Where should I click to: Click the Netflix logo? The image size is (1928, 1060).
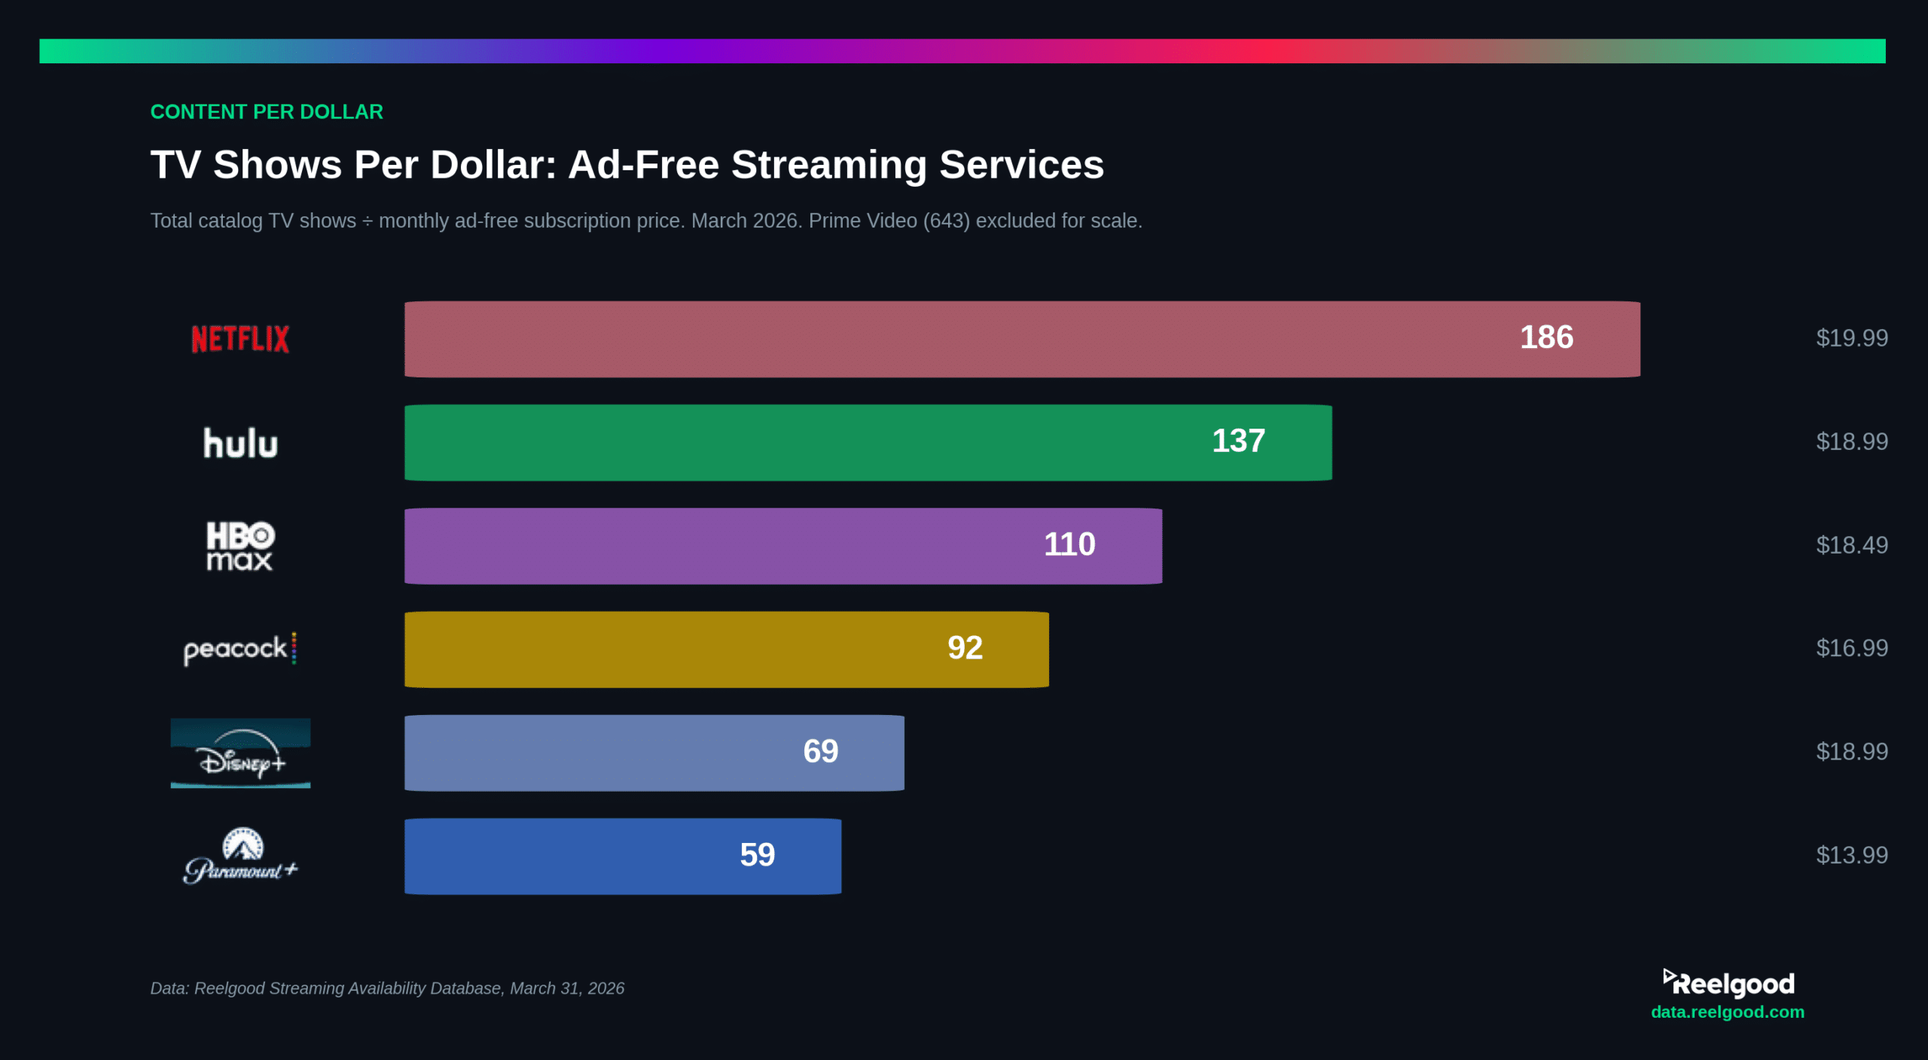(240, 339)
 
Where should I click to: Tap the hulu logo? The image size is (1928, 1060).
(240, 443)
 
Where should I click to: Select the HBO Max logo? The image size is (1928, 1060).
(240, 545)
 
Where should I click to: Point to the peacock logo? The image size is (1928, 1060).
(239, 649)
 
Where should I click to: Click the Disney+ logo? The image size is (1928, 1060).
(240, 753)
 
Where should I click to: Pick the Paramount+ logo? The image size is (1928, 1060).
(240, 857)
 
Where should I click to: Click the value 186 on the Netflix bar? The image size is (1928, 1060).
(1546, 338)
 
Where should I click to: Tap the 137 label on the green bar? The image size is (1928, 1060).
(1238, 441)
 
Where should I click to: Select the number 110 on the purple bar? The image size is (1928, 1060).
(1069, 545)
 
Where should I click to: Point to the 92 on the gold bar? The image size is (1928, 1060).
(965, 648)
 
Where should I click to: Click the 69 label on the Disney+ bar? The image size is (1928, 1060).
(820, 751)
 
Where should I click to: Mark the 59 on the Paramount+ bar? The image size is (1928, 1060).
(757, 855)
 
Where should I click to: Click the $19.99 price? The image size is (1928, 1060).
(1851, 338)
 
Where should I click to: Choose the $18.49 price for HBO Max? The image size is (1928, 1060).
(1851, 545)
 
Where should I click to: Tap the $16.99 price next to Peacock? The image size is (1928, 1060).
(1851, 649)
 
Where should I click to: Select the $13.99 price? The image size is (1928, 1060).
(1851, 856)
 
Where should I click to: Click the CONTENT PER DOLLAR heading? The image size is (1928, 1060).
(267, 112)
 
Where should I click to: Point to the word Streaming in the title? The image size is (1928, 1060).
(829, 165)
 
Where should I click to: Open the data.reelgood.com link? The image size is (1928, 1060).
(1727, 1013)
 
